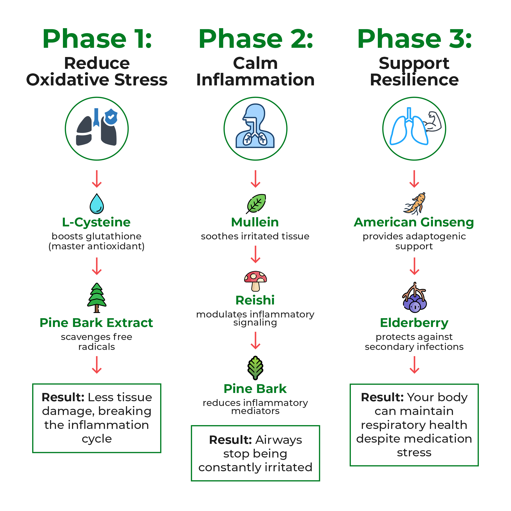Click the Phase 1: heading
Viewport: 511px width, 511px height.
[x=97, y=39]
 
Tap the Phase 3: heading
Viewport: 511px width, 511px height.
[x=414, y=39]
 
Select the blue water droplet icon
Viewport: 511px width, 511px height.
[x=97, y=204]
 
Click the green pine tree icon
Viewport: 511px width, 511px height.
[x=97, y=298]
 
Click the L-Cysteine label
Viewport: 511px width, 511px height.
[x=96, y=222]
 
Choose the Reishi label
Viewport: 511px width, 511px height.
[x=255, y=300]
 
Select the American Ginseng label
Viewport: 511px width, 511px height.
[x=414, y=222]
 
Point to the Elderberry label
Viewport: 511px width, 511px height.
[x=414, y=323]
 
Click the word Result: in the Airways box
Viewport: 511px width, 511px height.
[x=230, y=440]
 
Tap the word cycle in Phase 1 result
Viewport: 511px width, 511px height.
[x=97, y=439]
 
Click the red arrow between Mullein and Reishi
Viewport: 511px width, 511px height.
[x=255, y=255]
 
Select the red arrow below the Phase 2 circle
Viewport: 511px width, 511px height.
[x=255, y=179]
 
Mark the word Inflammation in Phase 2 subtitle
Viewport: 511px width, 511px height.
[x=255, y=80]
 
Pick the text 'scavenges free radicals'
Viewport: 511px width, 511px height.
[x=97, y=342]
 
